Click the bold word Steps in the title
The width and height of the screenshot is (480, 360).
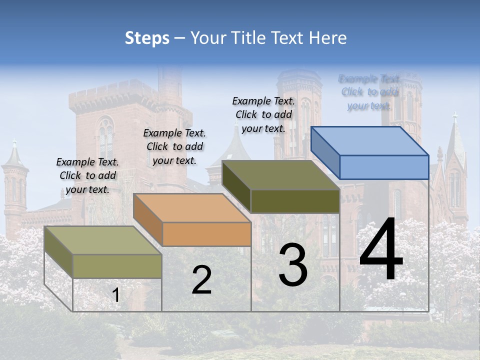(147, 38)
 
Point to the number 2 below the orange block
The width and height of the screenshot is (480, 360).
(202, 280)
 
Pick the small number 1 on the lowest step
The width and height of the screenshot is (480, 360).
(115, 295)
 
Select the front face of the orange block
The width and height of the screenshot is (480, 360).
(206, 234)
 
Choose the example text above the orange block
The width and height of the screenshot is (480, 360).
(174, 146)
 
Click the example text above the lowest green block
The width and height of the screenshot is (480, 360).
(87, 175)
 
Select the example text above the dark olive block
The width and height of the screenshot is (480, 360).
(263, 114)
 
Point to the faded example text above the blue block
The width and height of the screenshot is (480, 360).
(369, 92)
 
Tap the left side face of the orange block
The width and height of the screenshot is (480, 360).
(148, 218)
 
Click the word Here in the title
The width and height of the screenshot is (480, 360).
(328, 38)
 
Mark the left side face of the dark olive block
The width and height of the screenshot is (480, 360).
(236, 185)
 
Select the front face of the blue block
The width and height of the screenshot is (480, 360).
(384, 167)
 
